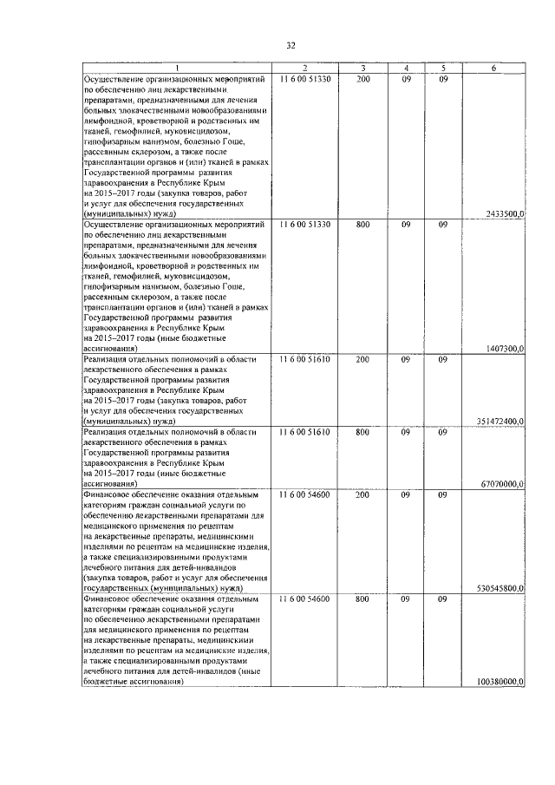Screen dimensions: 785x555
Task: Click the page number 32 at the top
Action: click(x=291, y=46)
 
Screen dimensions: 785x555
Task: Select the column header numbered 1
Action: click(x=177, y=69)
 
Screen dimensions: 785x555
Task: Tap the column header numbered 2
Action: click(x=305, y=69)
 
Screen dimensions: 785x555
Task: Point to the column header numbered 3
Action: click(x=362, y=69)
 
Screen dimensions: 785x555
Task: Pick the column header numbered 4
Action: click(x=405, y=69)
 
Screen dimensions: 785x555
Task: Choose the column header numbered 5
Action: click(x=442, y=69)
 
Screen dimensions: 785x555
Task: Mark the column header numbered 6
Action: click(x=493, y=69)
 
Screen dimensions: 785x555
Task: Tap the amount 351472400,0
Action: click(x=500, y=421)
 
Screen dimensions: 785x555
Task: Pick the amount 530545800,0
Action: click(x=500, y=587)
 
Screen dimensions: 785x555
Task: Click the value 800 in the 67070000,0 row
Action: click(x=362, y=431)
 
